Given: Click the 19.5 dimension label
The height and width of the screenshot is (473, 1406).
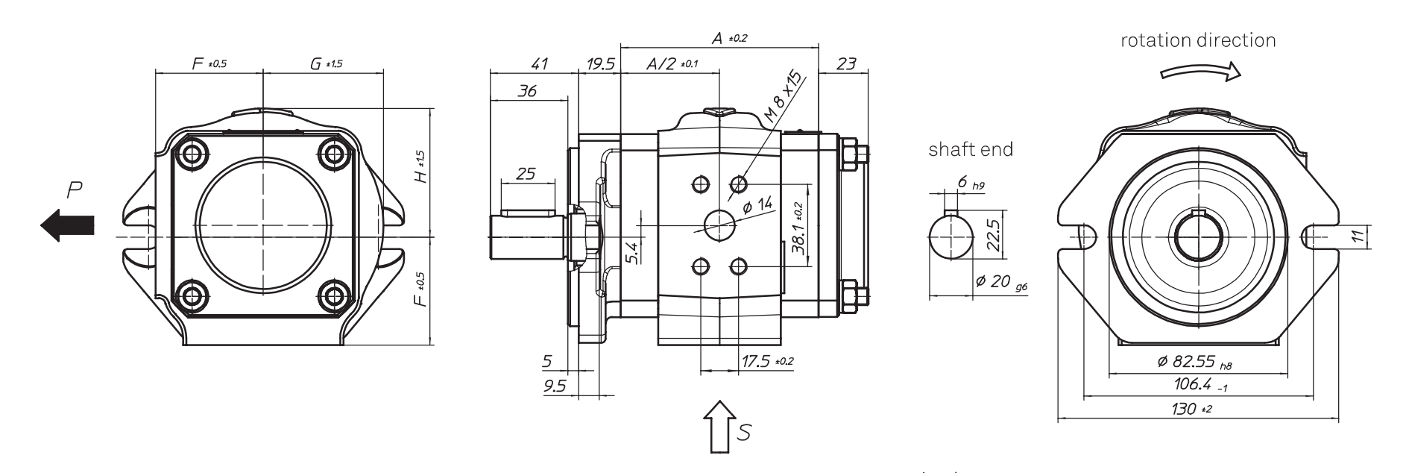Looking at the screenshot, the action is click(599, 64).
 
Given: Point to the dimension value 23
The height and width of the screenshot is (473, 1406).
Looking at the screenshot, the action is click(846, 64).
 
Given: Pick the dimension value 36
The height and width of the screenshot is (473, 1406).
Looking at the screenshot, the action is click(527, 92).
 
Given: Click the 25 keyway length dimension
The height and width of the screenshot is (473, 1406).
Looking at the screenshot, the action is click(526, 175).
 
